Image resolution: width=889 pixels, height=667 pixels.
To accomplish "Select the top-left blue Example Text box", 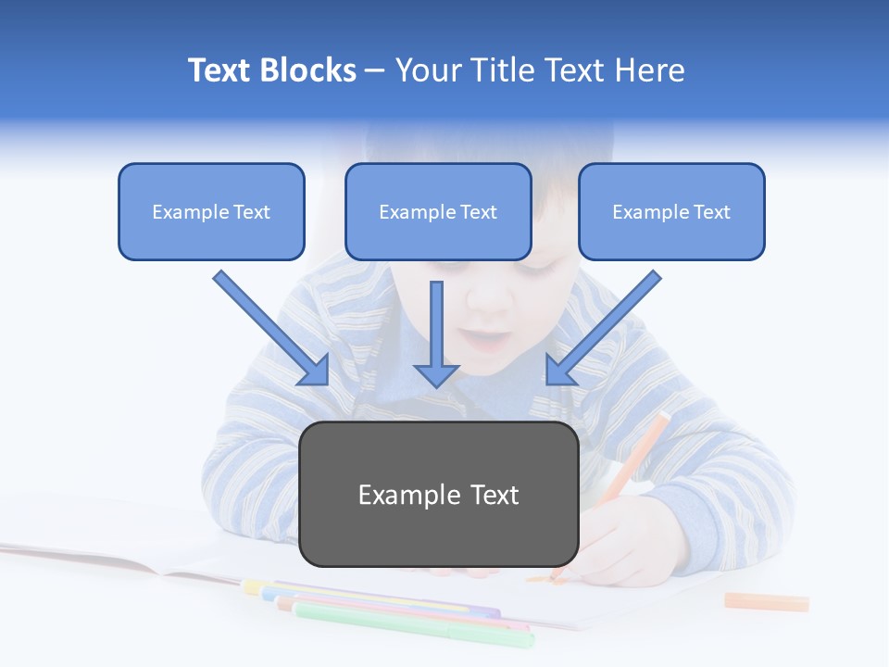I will [x=211, y=211].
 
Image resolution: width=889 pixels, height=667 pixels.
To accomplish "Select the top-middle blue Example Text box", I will [x=438, y=211].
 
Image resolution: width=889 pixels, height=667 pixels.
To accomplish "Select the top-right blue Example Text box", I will [x=671, y=211].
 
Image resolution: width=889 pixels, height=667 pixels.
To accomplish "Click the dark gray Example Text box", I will [x=438, y=494].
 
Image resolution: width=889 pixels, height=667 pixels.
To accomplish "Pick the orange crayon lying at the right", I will [x=766, y=601].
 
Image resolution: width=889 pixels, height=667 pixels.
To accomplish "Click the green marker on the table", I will [x=417, y=623].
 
